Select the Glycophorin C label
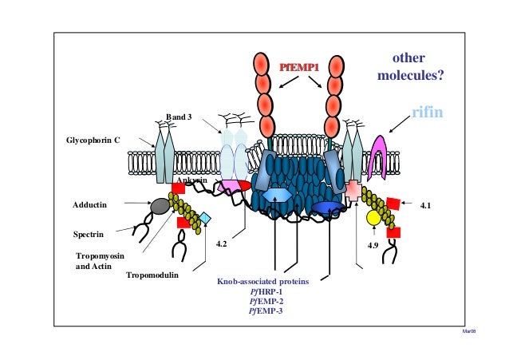pos(93,140)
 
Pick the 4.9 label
pos(372,245)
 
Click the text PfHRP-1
pos(266,291)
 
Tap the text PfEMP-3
pos(266,311)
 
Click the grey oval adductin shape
pos(160,206)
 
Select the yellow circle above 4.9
pos(373,217)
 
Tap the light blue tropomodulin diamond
pos(206,217)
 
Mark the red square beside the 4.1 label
pos(393,204)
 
